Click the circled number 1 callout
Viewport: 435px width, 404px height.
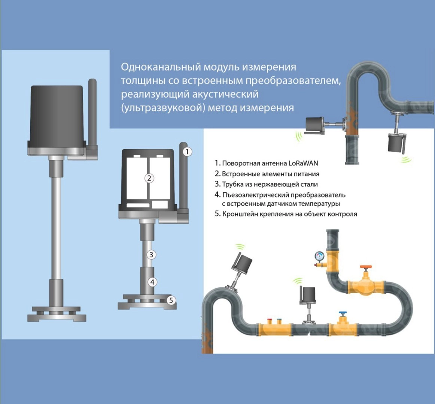(x=188, y=151)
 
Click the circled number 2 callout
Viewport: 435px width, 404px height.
(x=149, y=178)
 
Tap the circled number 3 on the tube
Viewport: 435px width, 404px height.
(x=151, y=254)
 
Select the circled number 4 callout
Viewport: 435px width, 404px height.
(x=152, y=282)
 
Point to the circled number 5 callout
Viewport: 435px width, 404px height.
(x=171, y=300)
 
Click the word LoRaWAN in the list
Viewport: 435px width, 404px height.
(x=303, y=163)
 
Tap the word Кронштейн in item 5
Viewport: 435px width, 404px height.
(x=240, y=214)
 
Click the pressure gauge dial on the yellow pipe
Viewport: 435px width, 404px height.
(x=319, y=255)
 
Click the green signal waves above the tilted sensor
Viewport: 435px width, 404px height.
(x=240, y=247)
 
